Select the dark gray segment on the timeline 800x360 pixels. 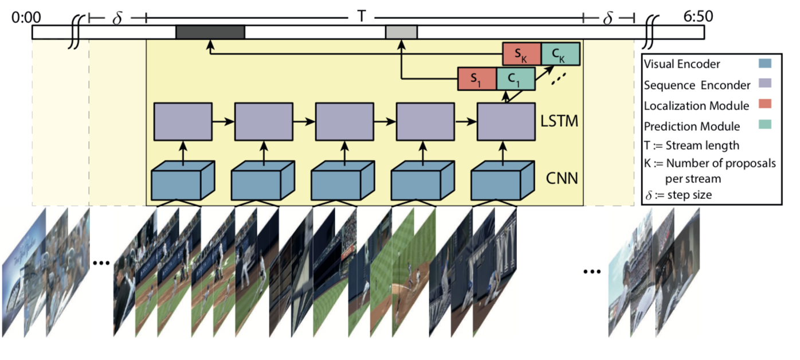210,33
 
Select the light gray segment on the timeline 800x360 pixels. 401,33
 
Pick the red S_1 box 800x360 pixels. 477,79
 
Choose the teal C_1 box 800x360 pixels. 516,79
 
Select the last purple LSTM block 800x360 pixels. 507,122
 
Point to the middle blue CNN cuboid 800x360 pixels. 343,180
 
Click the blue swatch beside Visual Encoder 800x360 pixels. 763,64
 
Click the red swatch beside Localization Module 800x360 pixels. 763,105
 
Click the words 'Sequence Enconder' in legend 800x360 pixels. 696,85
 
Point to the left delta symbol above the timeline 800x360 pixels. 117,18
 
